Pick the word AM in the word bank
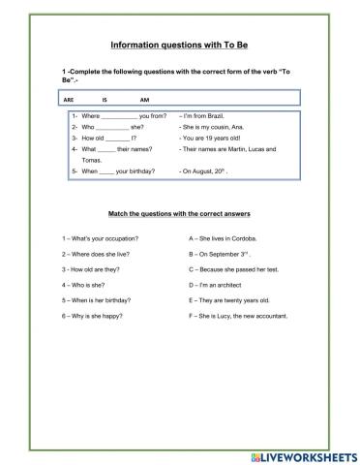click(x=144, y=100)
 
